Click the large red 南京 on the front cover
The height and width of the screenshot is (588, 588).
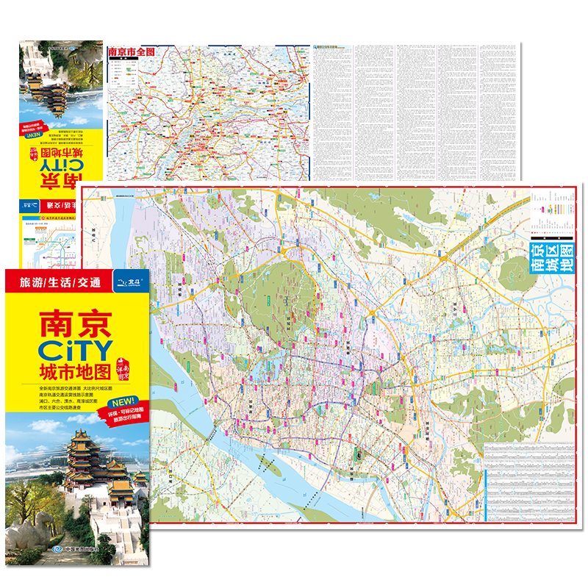(x=75, y=321)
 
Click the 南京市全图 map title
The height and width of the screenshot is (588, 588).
(x=132, y=53)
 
